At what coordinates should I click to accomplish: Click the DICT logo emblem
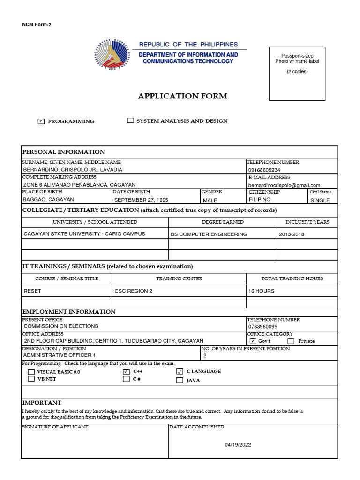coord(115,55)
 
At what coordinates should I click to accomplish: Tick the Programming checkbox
coord(41,121)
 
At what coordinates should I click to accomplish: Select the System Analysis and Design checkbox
coord(130,120)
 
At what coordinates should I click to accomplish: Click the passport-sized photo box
coord(297,74)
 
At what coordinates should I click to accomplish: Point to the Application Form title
coord(182,96)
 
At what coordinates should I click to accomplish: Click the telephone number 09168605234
coord(264,170)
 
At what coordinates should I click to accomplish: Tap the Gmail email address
coord(284,185)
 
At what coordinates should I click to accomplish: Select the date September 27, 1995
coord(141,200)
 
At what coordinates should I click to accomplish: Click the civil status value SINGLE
coord(320,200)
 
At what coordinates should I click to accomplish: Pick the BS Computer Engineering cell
coord(209,234)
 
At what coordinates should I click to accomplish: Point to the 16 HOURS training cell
coord(262,291)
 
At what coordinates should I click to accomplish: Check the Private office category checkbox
coord(291,341)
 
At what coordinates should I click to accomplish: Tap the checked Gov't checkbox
coord(253,341)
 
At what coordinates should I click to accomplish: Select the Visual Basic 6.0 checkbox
coord(31,372)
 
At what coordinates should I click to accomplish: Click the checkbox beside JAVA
coord(180,381)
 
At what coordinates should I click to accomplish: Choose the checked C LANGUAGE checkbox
coord(180,372)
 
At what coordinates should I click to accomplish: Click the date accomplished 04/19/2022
coord(238,445)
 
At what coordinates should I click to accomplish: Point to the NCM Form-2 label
coord(37,25)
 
